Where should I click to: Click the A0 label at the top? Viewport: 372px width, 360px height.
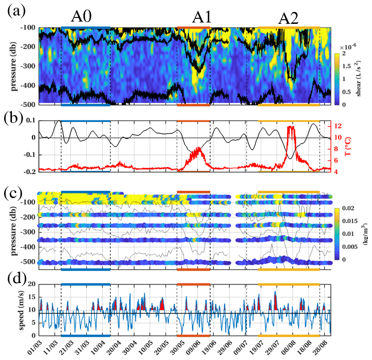click(x=82, y=17)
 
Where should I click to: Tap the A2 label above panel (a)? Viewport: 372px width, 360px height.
click(x=289, y=18)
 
